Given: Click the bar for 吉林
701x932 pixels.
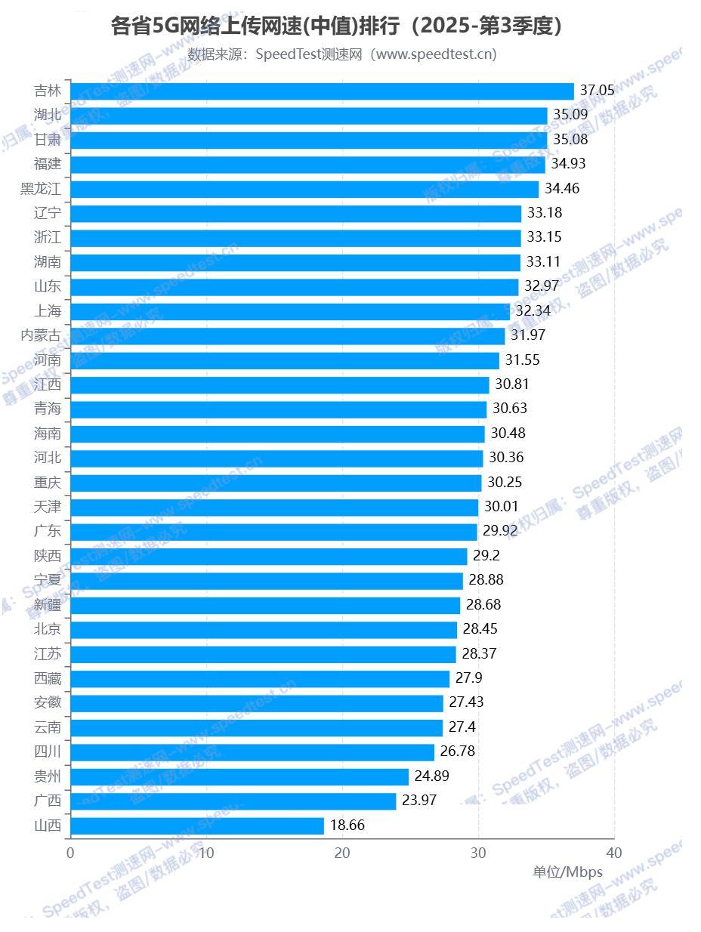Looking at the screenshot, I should [x=322, y=91].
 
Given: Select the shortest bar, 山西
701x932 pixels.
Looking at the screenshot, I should [x=197, y=826].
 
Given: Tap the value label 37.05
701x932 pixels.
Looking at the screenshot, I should [x=597, y=91].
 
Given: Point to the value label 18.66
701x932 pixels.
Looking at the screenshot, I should [x=347, y=826].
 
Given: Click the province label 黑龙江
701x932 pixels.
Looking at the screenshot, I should [x=41, y=189].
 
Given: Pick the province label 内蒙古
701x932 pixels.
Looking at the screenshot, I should [x=41, y=335].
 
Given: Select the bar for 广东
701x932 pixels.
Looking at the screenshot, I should [x=273, y=532].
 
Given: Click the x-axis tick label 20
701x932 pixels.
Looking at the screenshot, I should [x=342, y=853].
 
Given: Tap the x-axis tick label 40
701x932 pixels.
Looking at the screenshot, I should [x=614, y=853].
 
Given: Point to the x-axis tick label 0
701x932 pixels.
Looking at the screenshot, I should [x=70, y=853].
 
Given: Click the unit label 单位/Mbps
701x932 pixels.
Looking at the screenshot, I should [x=568, y=872].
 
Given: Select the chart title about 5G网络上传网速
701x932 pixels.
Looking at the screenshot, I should [x=337, y=26].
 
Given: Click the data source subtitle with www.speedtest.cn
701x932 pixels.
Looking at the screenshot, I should [x=342, y=54].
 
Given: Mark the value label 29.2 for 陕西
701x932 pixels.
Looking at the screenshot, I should [x=486, y=556].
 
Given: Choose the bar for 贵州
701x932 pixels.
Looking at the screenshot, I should [x=239, y=776].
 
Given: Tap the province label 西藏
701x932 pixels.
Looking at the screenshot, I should [x=48, y=678].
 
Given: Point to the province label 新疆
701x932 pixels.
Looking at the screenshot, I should [x=48, y=605].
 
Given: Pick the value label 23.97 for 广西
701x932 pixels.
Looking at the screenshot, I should [x=419, y=801].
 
